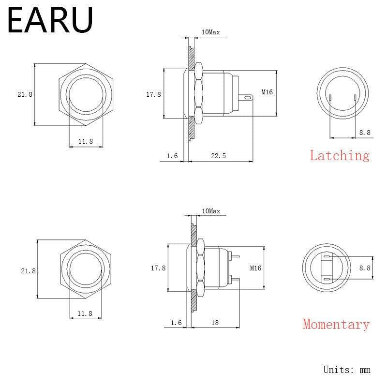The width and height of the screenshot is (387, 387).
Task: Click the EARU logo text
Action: [x=50, y=20]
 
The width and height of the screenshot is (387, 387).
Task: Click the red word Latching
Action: [x=340, y=155]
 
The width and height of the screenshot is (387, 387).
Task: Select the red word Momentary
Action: [x=336, y=324]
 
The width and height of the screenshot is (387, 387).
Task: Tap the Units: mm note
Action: [x=346, y=370]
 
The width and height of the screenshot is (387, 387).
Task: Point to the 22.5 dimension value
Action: [x=218, y=155]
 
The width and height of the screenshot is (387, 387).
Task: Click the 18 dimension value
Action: [x=216, y=322]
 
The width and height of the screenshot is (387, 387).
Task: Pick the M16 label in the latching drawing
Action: [x=267, y=92]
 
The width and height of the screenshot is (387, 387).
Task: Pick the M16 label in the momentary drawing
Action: [x=255, y=268]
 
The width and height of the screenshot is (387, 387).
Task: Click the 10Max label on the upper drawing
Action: [x=210, y=32]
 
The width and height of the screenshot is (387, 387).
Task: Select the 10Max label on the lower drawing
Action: [x=210, y=211]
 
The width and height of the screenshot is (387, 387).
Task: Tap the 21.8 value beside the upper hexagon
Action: [x=25, y=94]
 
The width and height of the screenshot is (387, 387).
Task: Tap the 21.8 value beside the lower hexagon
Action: [x=28, y=271]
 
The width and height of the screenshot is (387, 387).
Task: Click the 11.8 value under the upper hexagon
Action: [x=85, y=141]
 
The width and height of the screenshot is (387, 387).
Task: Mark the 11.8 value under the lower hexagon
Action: [x=85, y=313]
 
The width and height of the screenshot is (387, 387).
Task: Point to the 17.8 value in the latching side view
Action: [x=153, y=94]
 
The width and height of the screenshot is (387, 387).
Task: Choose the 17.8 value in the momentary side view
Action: [x=158, y=268]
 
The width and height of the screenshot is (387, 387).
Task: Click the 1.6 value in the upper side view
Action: [x=172, y=155]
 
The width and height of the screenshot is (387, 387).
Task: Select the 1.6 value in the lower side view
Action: [x=176, y=322]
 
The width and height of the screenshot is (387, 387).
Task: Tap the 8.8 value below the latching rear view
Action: [x=365, y=133]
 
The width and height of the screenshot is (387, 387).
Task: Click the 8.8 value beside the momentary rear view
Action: [x=365, y=268]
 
